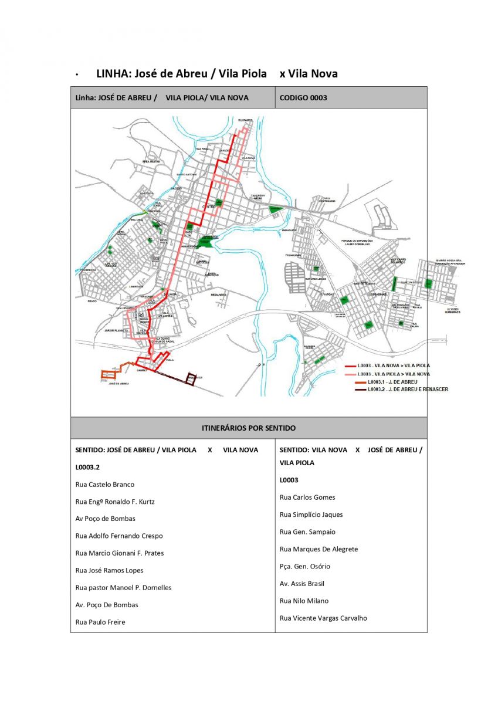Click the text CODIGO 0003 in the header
pos(303,97)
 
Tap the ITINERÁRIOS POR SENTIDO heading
pos(249,428)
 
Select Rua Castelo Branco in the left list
pos(105,485)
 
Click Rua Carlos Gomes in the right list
pos(307,497)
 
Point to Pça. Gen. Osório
pos(305,566)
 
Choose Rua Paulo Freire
pos(100,622)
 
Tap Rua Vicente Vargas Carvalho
pos(323,618)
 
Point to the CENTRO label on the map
pos(208,207)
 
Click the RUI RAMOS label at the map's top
pos(245,120)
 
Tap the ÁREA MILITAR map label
pos(151,161)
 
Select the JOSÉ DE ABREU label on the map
pos(118,384)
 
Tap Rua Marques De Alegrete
pos(319,549)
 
